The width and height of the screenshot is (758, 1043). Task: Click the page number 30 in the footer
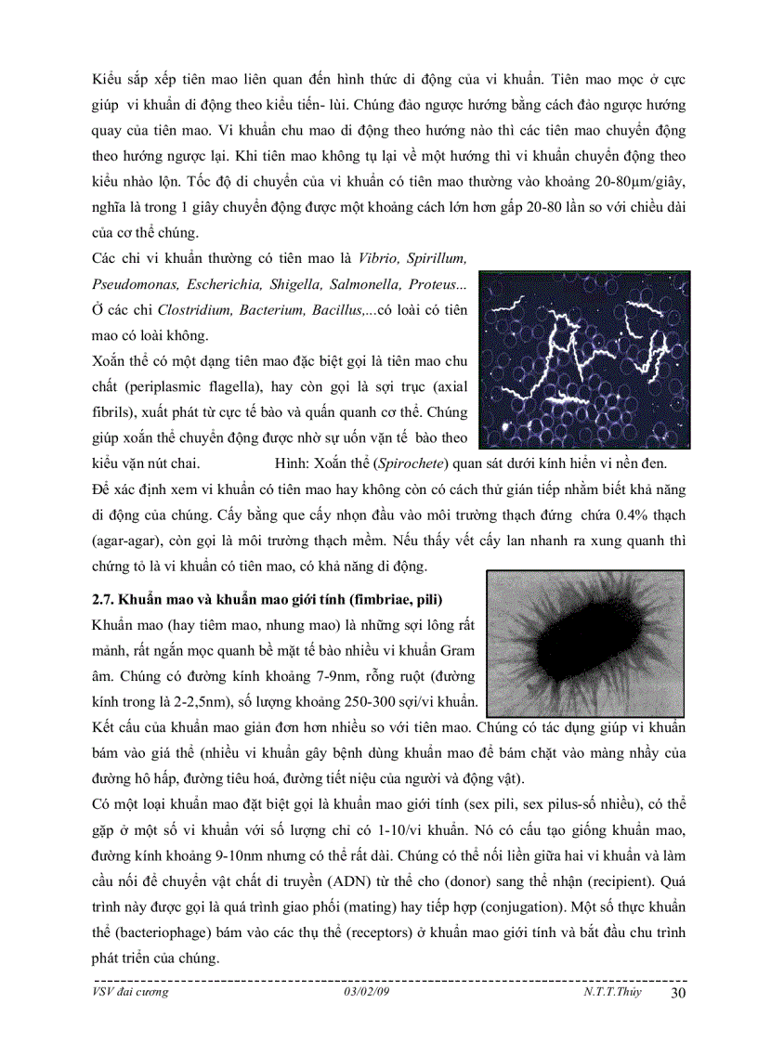pyautogui.click(x=677, y=995)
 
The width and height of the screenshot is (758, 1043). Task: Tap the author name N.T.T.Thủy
pyautogui.click(x=606, y=993)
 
